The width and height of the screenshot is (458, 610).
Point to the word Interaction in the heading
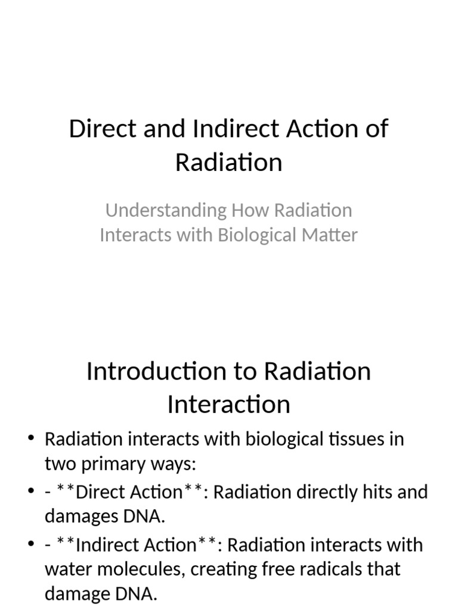[x=228, y=404]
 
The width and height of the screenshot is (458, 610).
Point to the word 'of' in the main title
[x=377, y=129]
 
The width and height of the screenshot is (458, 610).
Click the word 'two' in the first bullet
[x=58, y=463]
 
